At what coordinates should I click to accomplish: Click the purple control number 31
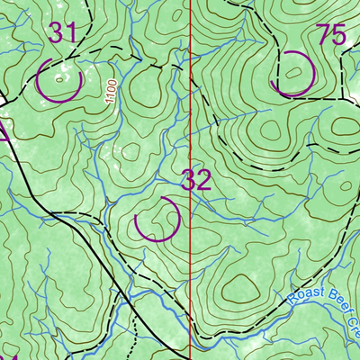coord(63,33)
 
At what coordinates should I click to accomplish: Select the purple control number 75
coord(331,35)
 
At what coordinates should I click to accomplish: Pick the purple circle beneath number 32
coord(157,220)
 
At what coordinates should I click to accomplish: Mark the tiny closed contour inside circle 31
coord(59,79)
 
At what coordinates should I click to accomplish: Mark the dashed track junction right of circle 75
coord(344,99)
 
